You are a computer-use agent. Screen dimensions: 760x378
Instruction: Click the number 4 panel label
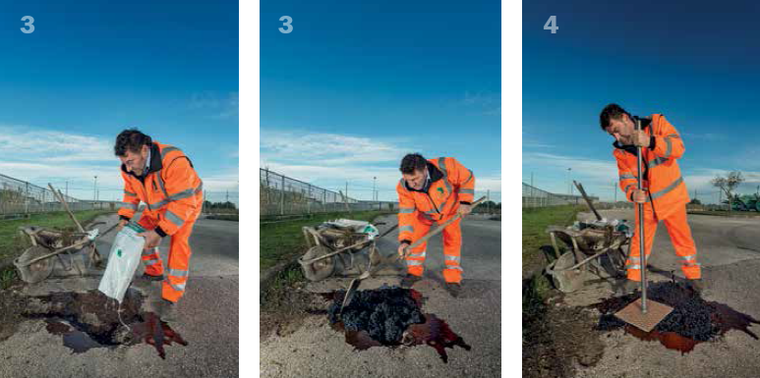[x=551, y=25]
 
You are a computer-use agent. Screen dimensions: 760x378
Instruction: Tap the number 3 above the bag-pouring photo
[x=28, y=25]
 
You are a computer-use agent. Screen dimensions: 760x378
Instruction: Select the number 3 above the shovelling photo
[x=285, y=25]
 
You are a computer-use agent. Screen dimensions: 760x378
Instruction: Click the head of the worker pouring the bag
[x=135, y=151]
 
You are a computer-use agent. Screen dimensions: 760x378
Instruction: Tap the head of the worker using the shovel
[x=414, y=172]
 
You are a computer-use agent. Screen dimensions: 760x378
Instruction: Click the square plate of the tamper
[x=643, y=314]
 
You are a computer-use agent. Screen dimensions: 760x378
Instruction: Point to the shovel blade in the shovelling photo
[x=350, y=294]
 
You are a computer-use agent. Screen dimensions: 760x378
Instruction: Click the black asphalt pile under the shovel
[x=376, y=313]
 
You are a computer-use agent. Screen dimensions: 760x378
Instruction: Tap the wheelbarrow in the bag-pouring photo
[x=54, y=250]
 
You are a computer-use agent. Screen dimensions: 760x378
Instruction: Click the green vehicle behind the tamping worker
[x=743, y=202]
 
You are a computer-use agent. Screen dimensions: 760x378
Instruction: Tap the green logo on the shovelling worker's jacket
[x=439, y=190]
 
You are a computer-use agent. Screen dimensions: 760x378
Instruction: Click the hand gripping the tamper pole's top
[x=642, y=137]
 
